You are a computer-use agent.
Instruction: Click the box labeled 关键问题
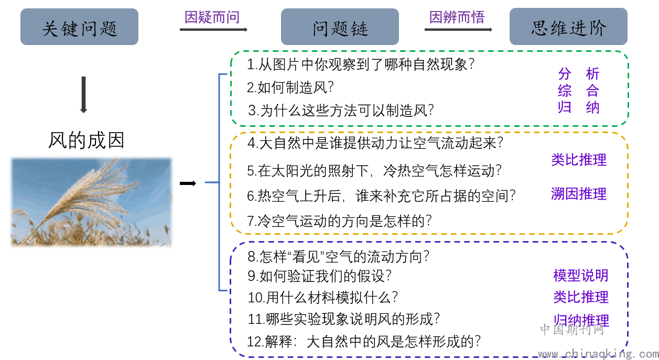80,27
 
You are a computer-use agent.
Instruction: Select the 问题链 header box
340,27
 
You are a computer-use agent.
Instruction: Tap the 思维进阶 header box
568,27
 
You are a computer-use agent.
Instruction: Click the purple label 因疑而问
212,17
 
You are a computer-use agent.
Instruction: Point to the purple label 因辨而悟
457,17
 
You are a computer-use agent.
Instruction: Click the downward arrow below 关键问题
83,95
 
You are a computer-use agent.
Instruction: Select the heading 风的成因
86,140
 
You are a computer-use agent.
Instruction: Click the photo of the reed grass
91,202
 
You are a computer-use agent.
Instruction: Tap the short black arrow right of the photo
188,183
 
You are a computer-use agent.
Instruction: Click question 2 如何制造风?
290,88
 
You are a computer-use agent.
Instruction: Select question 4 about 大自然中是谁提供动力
375,143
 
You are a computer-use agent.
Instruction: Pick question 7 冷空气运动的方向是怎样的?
339,221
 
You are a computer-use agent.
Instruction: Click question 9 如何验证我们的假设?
319,276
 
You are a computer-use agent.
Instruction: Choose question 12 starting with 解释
364,342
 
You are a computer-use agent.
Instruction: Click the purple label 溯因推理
579,194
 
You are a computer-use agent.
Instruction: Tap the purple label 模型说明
581,276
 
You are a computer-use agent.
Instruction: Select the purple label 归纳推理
581,320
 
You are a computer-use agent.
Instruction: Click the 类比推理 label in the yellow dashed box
579,160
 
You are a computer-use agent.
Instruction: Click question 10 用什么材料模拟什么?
323,297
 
